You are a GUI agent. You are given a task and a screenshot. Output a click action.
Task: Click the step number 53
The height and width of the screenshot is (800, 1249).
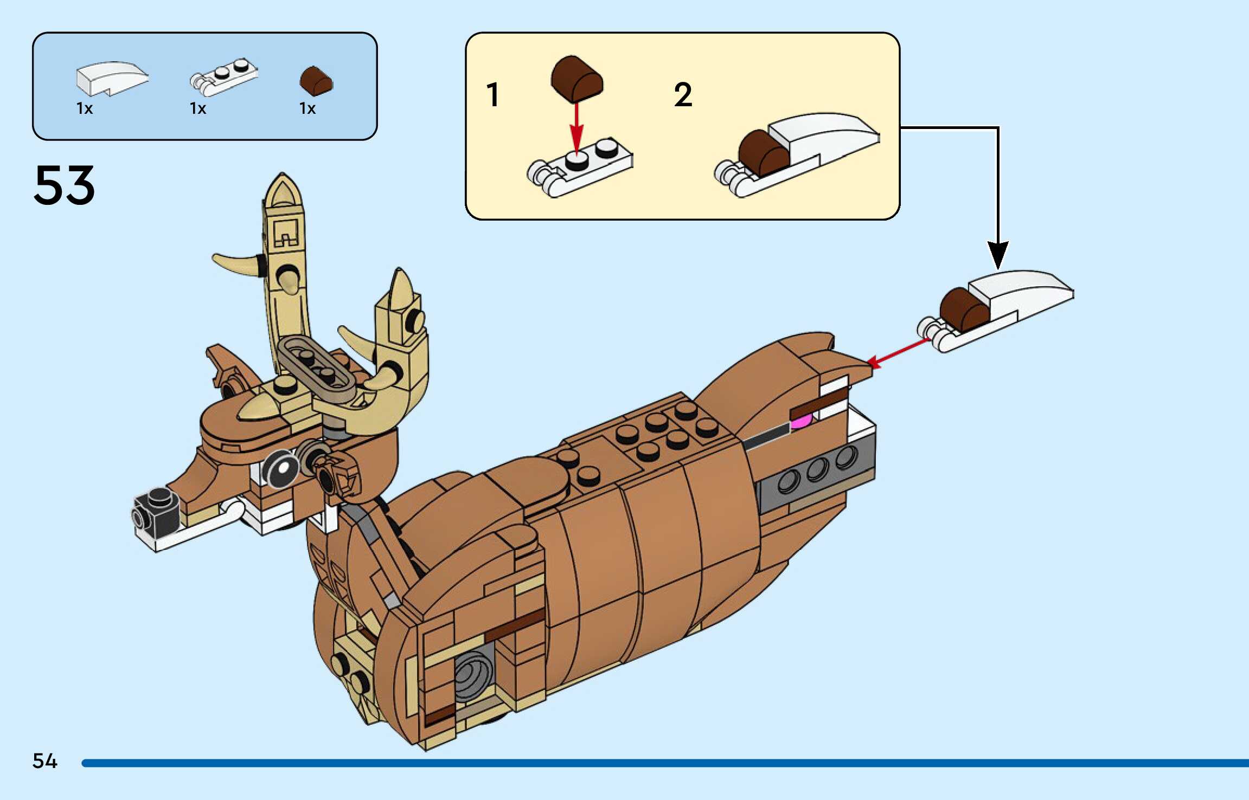coord(64,185)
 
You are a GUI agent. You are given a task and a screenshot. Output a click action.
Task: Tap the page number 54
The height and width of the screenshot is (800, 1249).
coord(44,761)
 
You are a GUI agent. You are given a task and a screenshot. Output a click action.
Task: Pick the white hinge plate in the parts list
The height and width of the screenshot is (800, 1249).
coord(223,78)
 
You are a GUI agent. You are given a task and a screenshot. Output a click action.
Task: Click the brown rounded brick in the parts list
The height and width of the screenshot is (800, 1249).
coord(316,81)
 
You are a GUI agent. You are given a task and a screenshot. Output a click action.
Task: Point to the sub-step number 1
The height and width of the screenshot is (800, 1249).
coord(492,95)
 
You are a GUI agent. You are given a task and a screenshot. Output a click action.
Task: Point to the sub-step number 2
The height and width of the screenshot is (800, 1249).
coord(683,95)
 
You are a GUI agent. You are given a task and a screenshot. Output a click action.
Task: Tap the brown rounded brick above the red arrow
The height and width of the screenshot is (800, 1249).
coord(577,79)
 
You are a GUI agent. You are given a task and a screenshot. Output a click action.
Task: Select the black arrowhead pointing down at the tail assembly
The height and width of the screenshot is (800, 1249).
coord(998,254)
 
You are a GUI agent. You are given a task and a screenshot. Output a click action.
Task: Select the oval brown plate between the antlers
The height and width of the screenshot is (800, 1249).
coord(316,363)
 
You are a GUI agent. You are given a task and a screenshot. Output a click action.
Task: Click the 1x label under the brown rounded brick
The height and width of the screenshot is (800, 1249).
coord(308,108)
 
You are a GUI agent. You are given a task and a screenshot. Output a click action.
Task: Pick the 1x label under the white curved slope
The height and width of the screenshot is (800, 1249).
coord(85,108)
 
